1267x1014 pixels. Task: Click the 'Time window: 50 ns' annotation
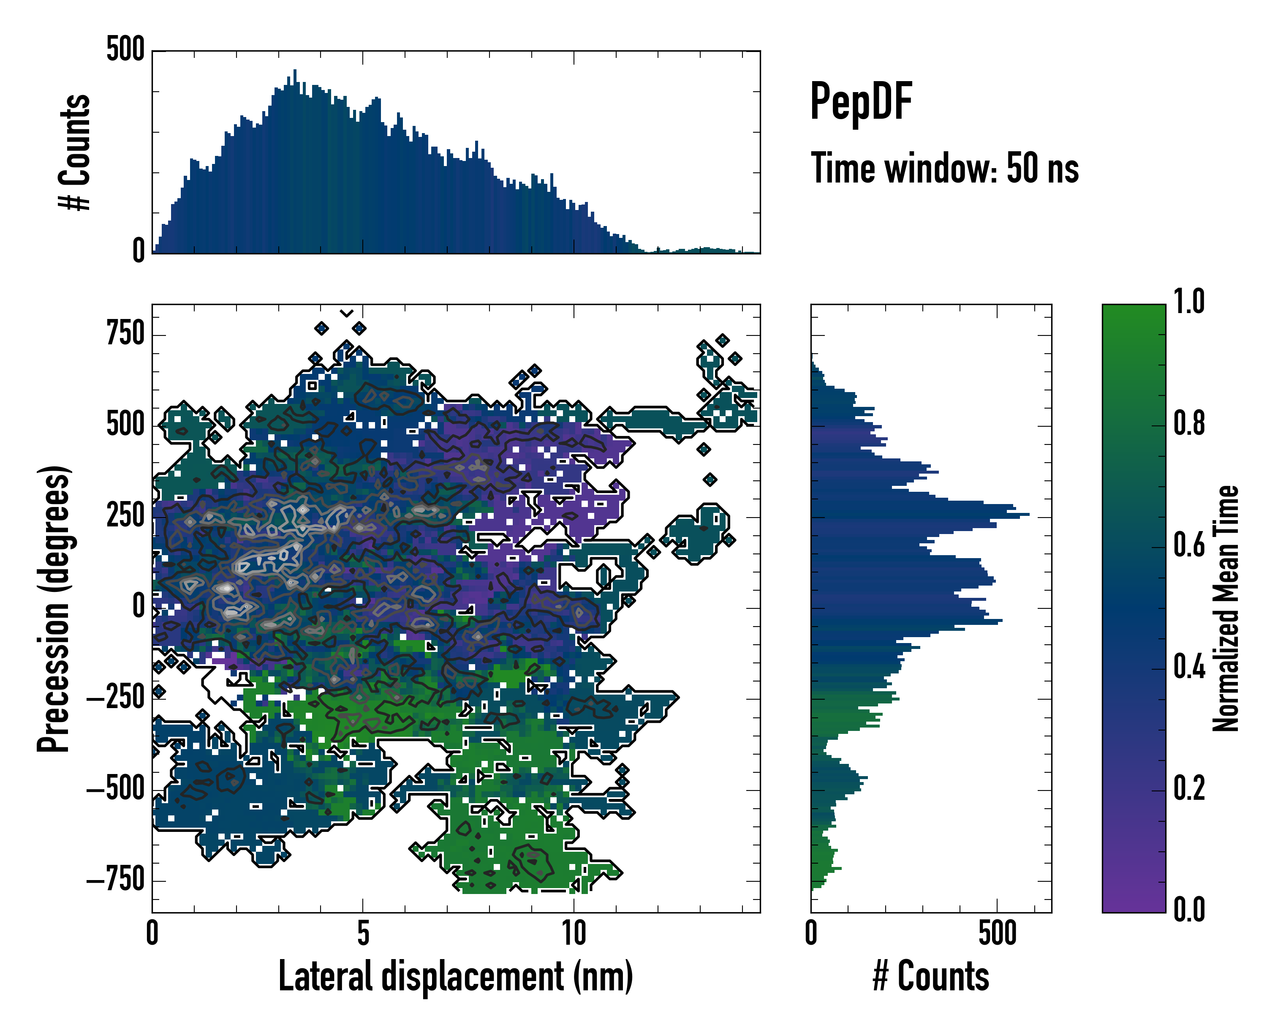(944, 169)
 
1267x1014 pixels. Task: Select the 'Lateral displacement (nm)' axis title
(455, 976)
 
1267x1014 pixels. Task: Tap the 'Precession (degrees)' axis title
(54, 608)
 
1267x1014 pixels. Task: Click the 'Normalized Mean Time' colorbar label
(1226, 608)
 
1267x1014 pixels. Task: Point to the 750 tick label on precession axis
(125, 335)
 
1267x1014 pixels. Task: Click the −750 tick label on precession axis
(116, 880)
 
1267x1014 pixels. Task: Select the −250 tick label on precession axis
(116, 698)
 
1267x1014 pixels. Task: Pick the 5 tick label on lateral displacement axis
(363, 933)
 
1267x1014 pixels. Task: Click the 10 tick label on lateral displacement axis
(574, 933)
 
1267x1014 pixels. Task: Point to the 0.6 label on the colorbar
(1189, 545)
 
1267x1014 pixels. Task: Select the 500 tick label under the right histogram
(997, 933)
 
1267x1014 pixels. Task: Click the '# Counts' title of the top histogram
(75, 152)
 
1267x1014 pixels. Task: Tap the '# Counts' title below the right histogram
(931, 976)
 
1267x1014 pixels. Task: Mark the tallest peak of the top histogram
(295, 71)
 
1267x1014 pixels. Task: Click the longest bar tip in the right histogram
(1028, 515)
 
